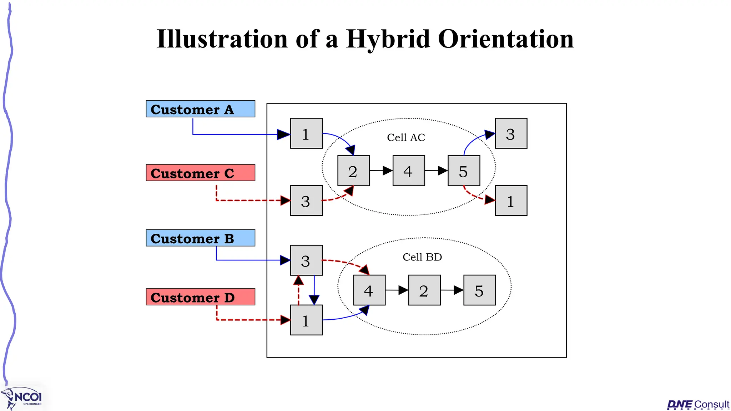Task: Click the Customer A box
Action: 200,109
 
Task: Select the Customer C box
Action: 200,173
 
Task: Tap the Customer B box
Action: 200,238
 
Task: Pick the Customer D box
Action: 200,297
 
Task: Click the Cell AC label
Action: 406,137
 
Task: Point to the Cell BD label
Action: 422,257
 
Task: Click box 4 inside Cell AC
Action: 409,171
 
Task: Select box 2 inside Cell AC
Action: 353,171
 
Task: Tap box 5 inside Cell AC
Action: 464,171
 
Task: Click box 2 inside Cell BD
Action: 424,290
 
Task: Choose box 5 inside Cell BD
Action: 479,290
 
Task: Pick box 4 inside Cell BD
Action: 369,290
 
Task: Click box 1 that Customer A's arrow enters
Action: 306,133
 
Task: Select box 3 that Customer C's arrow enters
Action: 306,201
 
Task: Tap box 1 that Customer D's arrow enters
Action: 306,320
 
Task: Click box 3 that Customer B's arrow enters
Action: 306,260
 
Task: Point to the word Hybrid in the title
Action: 388,39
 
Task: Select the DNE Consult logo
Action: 698,404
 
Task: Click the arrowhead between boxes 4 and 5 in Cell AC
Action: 443,171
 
